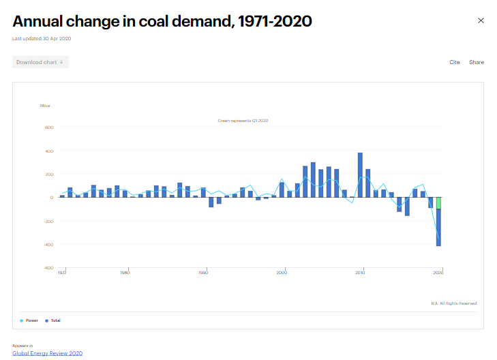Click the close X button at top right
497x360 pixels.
click(481, 20)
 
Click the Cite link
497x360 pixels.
click(454, 62)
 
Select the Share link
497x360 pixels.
click(477, 62)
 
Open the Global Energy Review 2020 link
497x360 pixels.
click(47, 353)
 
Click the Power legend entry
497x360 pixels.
click(29, 320)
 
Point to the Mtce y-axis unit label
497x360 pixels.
click(45, 106)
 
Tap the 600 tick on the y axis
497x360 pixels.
click(48, 127)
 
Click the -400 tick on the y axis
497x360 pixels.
click(48, 245)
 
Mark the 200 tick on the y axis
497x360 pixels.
click(48, 175)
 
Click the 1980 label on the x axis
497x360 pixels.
click(125, 273)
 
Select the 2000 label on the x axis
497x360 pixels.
click(282, 273)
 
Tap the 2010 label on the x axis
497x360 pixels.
click(360, 273)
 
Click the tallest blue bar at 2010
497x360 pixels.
click(360, 175)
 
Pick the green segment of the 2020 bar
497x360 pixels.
click(438, 203)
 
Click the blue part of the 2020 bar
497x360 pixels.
click(438, 228)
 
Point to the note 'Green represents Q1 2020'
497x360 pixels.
click(243, 121)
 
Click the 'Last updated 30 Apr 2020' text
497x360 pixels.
click(42, 38)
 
